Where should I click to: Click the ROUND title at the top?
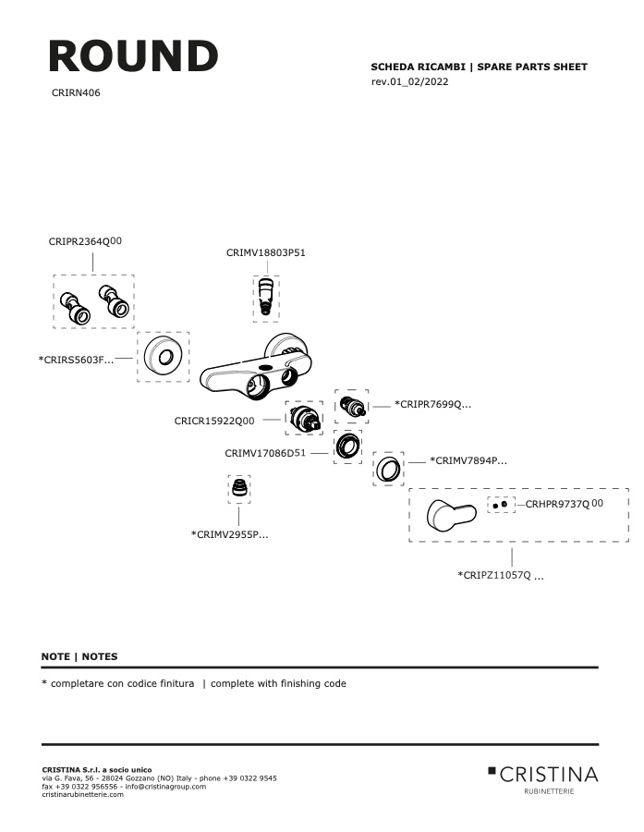point(133,56)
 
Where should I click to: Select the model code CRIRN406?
point(76,92)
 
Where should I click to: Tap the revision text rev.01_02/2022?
point(409,81)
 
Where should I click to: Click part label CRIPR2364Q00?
point(85,241)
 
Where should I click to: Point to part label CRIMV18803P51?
point(266,252)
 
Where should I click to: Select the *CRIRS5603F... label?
point(76,360)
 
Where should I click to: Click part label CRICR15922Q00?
point(214,421)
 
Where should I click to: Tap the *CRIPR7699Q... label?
point(432,404)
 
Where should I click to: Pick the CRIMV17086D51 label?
point(265,453)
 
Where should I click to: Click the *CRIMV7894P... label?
point(468,460)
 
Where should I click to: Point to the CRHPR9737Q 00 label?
point(564,504)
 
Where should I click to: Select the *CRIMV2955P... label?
point(230,534)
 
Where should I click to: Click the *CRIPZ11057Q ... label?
point(501,575)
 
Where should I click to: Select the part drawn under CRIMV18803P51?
point(266,299)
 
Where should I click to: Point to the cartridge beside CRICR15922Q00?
point(305,418)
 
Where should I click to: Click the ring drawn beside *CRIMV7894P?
point(388,469)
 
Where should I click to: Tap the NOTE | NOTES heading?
point(79,656)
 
